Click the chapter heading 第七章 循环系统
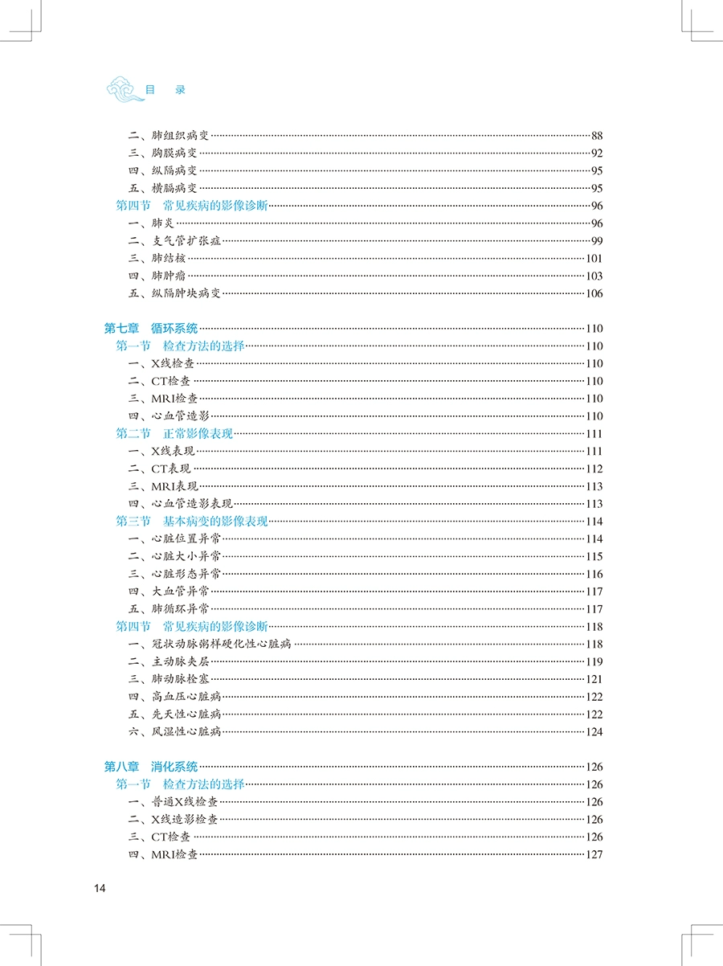[x=151, y=328]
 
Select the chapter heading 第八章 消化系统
[x=151, y=767]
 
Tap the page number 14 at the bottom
[x=100, y=888]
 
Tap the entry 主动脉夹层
[x=180, y=661]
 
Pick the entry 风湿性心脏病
[x=186, y=731]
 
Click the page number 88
[x=596, y=135]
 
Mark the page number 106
[x=594, y=293]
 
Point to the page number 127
[x=594, y=854]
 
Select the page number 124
[x=594, y=731]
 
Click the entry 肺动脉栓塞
[x=180, y=679]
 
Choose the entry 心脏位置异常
[x=186, y=538]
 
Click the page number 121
[x=594, y=679]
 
